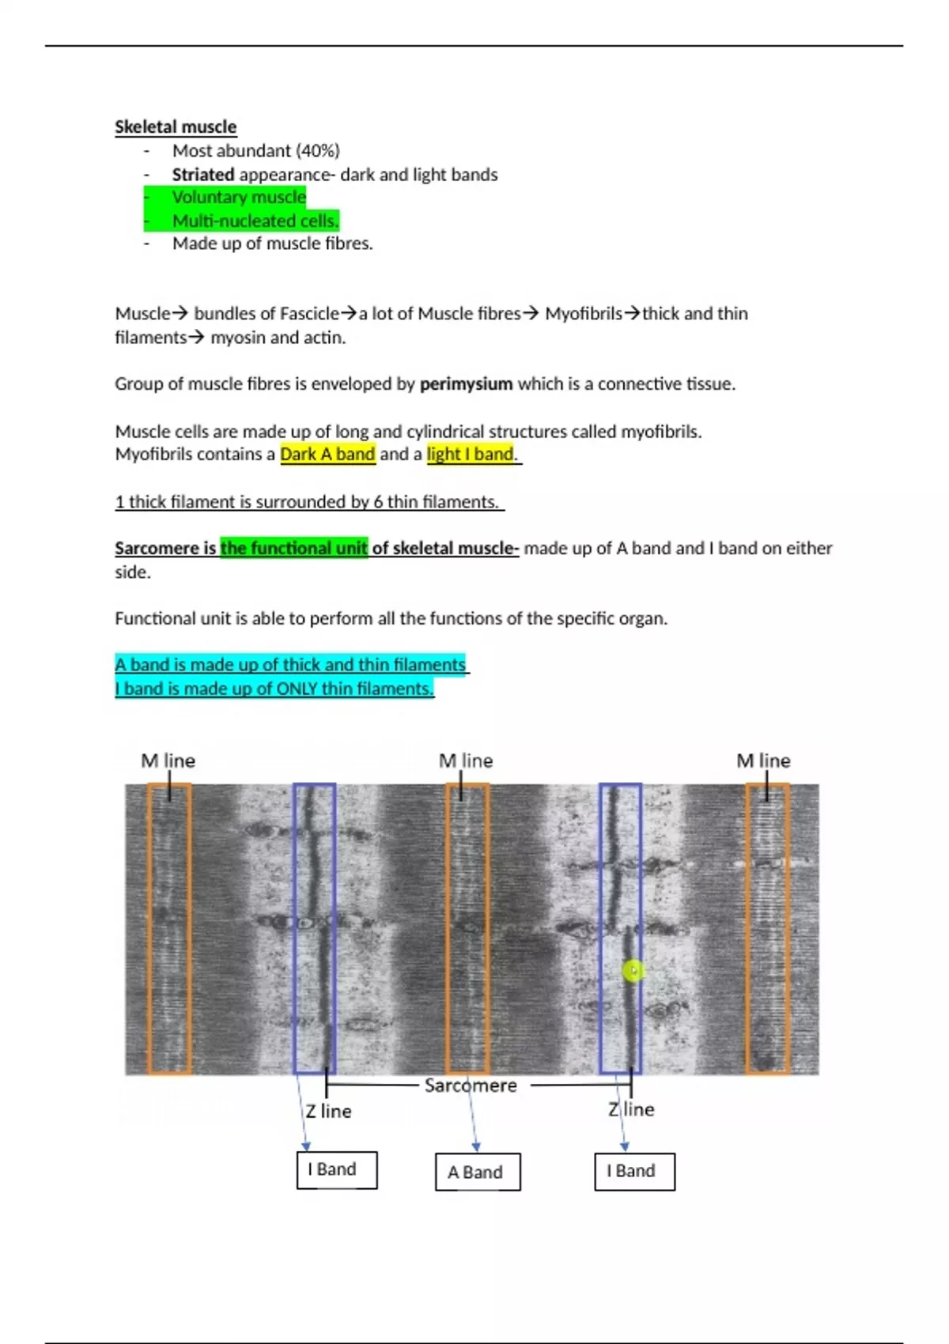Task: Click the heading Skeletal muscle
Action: click(x=176, y=127)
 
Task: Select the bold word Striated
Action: click(x=203, y=175)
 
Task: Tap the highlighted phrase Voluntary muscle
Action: click(x=239, y=198)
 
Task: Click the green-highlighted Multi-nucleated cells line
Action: click(x=255, y=221)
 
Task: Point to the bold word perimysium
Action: click(x=466, y=384)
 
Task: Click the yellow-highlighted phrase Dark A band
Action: click(x=327, y=455)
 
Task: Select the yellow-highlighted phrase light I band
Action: click(x=471, y=455)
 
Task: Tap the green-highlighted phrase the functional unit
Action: click(x=293, y=549)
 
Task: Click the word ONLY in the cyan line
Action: click(x=297, y=689)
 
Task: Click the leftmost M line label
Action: click(x=168, y=761)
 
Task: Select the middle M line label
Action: click(x=466, y=761)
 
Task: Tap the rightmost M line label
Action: click(x=763, y=761)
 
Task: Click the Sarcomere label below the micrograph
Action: click(x=471, y=1085)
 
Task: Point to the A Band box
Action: click(x=478, y=1172)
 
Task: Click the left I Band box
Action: click(x=337, y=1169)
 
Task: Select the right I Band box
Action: click(x=634, y=1171)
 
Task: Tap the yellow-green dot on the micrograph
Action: click(x=633, y=971)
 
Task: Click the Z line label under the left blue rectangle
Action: click(x=328, y=1111)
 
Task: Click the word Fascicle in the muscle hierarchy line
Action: click(x=308, y=314)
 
